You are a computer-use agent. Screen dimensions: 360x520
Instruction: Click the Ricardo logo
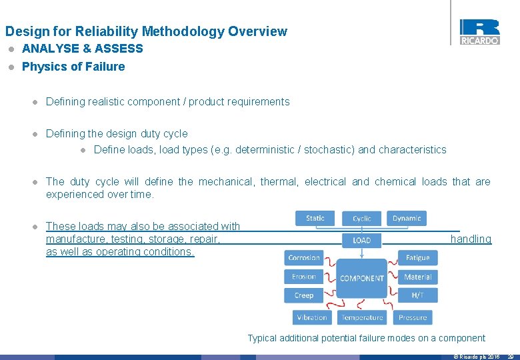point(479,32)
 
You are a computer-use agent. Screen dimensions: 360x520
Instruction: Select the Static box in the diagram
point(315,218)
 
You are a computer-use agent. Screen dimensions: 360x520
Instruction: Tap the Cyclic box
point(362,219)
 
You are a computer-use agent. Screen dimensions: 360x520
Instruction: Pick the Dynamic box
point(406,218)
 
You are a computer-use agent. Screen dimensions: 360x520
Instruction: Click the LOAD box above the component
point(362,240)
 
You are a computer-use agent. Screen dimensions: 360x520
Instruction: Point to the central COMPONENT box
point(362,278)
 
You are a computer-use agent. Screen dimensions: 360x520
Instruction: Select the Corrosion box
point(304,258)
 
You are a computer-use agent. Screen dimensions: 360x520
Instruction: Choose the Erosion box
point(304,277)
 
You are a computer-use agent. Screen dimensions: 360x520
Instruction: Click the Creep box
point(304,295)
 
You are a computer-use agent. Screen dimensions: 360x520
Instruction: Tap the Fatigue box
point(417,258)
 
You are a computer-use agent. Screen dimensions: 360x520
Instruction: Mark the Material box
point(417,277)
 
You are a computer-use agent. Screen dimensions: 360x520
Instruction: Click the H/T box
point(417,295)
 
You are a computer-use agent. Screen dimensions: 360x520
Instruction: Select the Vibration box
point(312,317)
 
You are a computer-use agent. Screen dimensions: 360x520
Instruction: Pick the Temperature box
point(362,317)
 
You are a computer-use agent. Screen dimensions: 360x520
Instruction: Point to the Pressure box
point(413,317)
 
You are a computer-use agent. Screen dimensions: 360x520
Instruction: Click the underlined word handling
point(471,239)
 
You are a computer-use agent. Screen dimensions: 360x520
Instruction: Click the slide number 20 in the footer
point(510,357)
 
